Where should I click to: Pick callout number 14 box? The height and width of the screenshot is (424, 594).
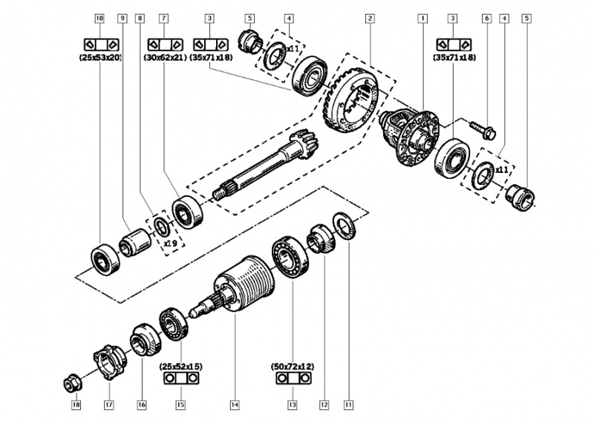pos(234,405)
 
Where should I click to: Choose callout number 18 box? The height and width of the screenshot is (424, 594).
pos(75,405)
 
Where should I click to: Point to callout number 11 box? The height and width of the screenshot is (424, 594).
pos(347,405)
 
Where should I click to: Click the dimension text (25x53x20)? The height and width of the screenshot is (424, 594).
pos(100,56)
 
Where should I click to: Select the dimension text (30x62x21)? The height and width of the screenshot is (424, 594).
pos(164,56)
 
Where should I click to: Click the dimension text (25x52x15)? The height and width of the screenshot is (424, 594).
pos(180,366)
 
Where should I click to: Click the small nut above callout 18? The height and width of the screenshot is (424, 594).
pos(74,383)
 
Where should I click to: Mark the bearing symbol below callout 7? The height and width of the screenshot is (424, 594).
pos(164,42)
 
